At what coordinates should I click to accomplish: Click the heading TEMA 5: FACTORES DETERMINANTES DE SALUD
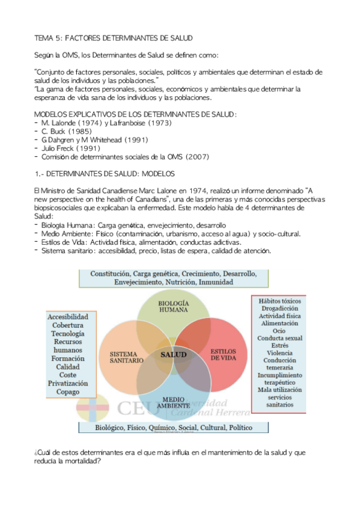click(x=113, y=38)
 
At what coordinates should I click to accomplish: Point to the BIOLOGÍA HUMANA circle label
click(x=174, y=306)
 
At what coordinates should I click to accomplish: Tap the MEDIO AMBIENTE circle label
click(x=173, y=402)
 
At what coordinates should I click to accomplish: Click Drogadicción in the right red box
click(x=278, y=307)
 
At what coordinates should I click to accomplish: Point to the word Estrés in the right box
click(x=278, y=346)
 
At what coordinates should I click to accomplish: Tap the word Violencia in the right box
click(x=278, y=353)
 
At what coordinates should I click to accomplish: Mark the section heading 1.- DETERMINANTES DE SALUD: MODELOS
click(x=105, y=174)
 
